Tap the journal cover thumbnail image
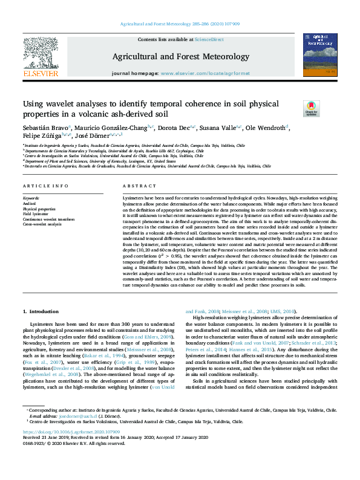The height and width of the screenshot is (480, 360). click(320, 56)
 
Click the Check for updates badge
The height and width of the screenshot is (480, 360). click(327, 109)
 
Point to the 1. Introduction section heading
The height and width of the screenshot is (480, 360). click(41, 311)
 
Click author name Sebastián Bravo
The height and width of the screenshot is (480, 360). click(45, 128)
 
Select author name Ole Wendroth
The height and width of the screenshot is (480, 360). click(266, 128)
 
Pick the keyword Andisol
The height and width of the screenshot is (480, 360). click(30, 203)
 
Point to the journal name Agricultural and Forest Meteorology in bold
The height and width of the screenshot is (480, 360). click(180, 57)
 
